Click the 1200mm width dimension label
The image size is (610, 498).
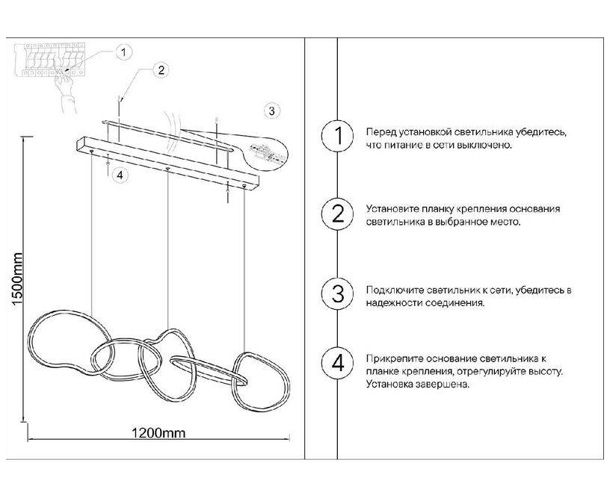158,433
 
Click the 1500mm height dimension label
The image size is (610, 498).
17,279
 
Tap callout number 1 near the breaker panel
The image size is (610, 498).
123,52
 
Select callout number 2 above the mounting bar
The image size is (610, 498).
161,70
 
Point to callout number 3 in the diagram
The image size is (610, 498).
271,111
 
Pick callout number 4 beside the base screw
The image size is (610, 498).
120,175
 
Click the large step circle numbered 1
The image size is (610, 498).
337,136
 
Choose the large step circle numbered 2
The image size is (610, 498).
337,214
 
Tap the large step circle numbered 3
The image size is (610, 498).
337,293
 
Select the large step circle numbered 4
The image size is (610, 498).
337,364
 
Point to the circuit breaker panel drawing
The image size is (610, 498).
49,60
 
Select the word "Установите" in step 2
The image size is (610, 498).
393,209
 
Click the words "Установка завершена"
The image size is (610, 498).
417,385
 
